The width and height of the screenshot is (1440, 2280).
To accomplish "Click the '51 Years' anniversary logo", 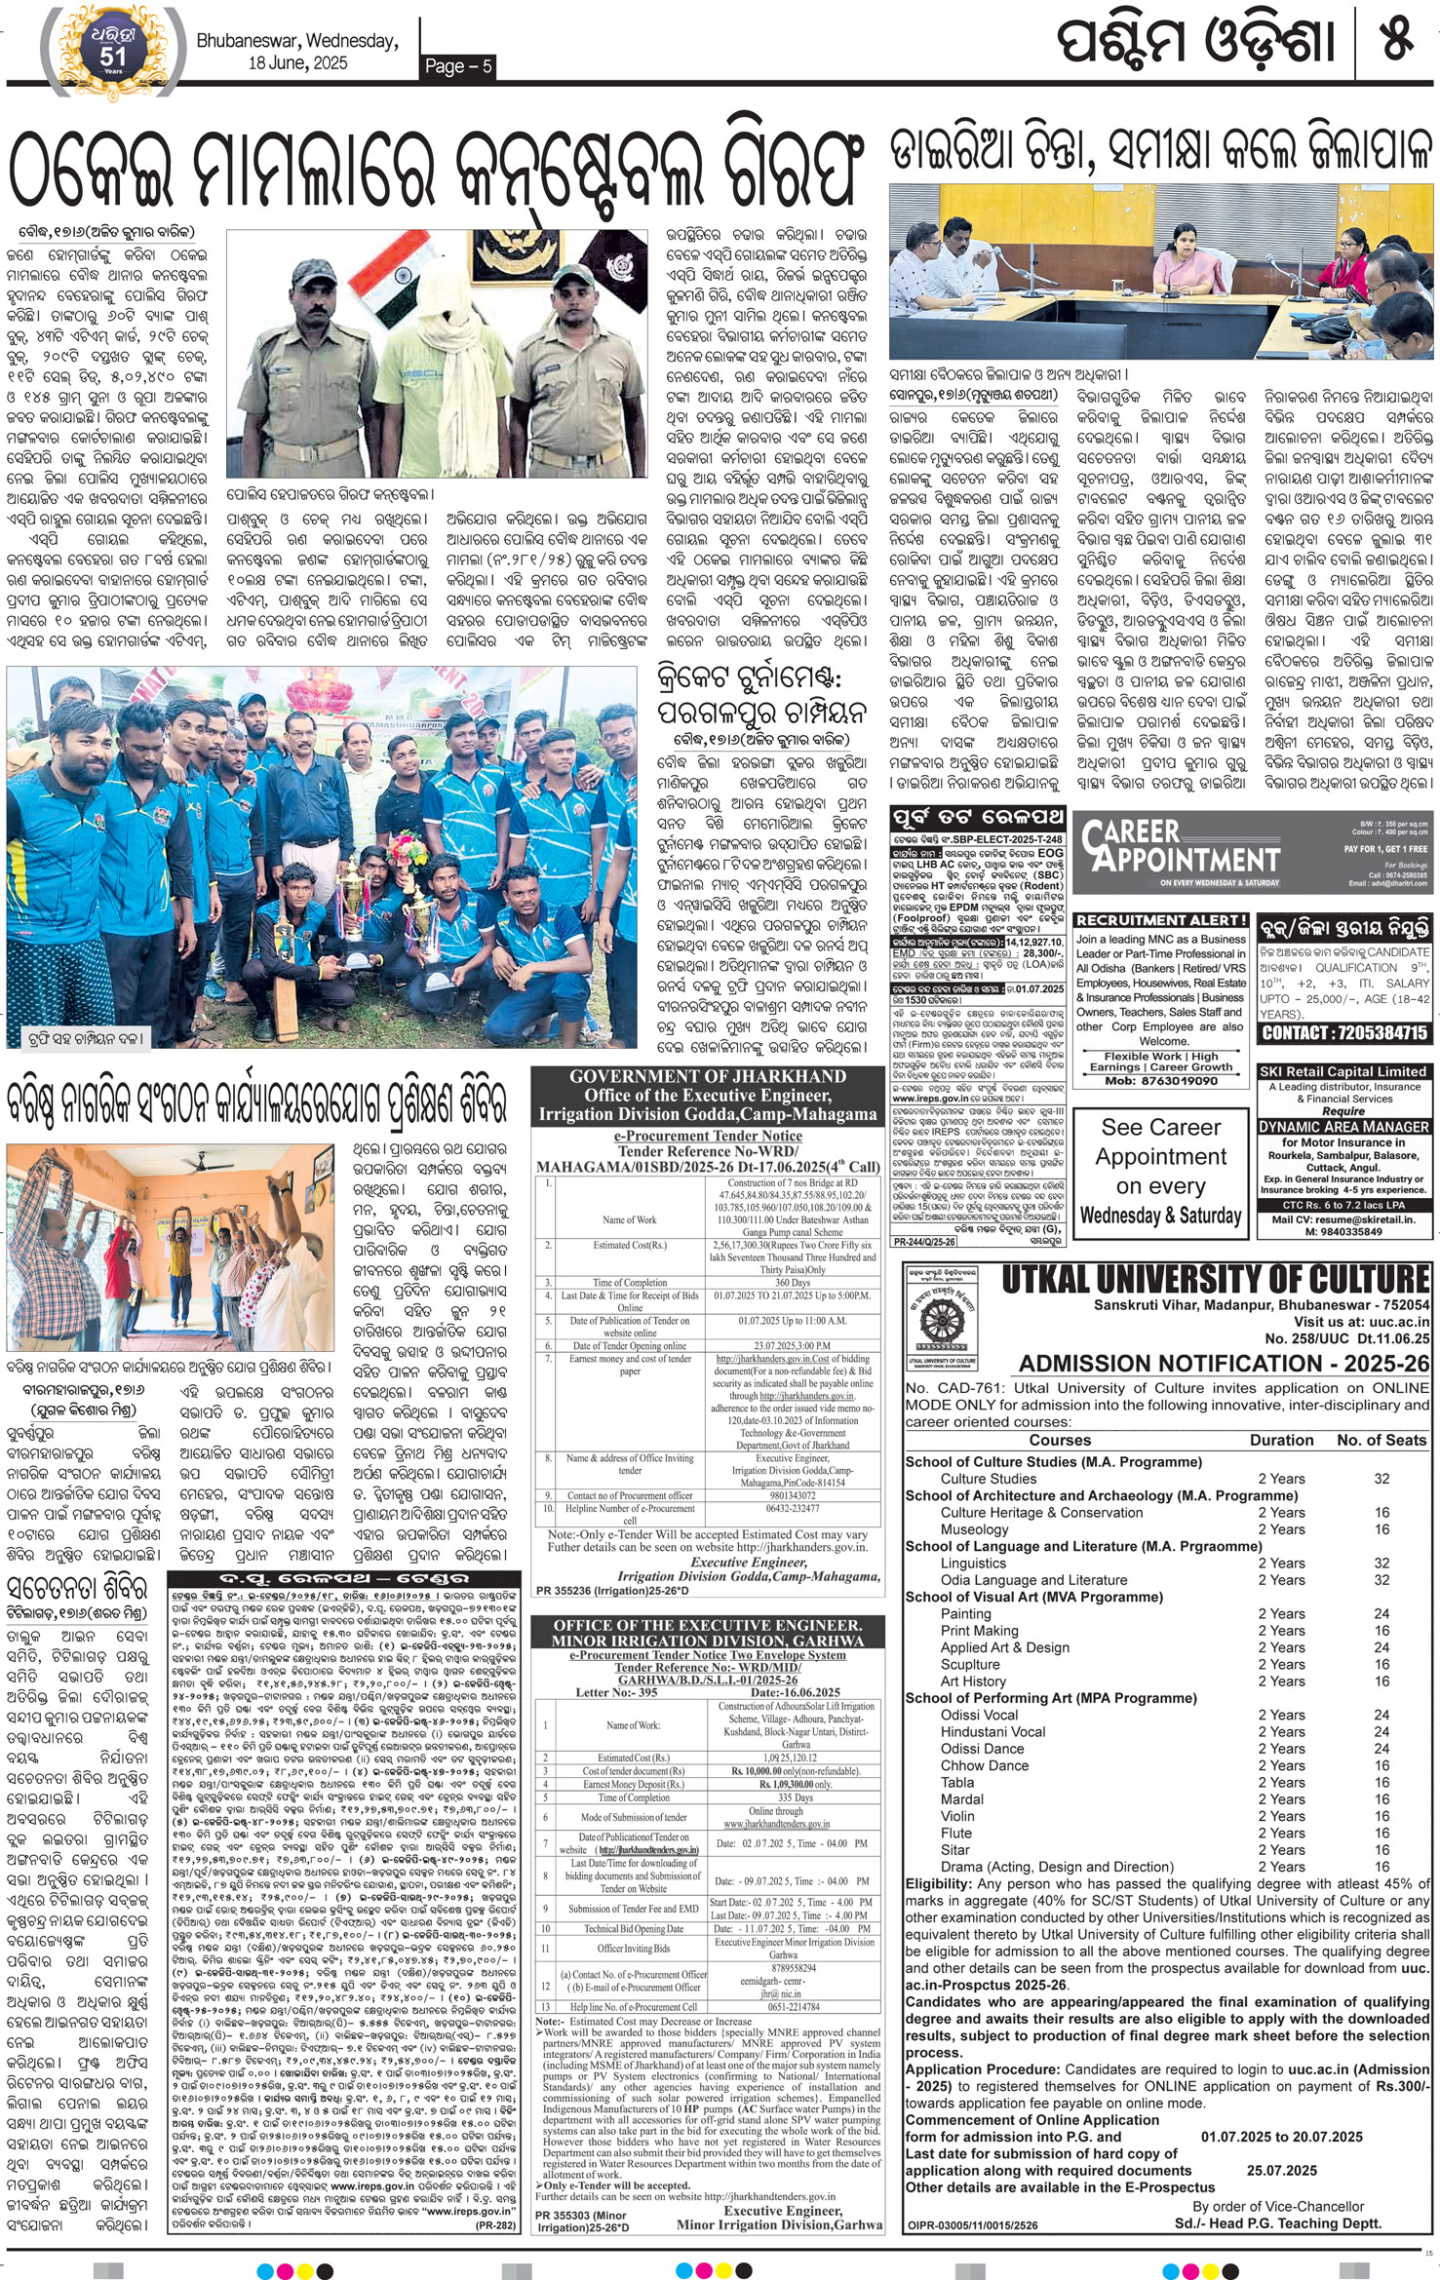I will pos(112,50).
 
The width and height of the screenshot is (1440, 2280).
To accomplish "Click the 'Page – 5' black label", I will pos(458,65).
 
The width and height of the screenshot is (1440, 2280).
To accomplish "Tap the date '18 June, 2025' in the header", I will pos(297,63).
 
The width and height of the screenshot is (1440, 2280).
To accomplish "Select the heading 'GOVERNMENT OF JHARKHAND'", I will pos(707,1076).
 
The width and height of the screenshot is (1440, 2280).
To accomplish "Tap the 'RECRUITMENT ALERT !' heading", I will pos(1161,919).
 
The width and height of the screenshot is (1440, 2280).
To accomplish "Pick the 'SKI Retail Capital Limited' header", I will pos(1343,1071).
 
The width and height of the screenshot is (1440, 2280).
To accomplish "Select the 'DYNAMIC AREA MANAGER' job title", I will pos(1343,1126).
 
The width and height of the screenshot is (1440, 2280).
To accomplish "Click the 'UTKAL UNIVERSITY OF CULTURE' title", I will pos(1215,1279).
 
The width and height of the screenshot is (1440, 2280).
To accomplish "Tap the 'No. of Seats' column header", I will pos(1381,1440).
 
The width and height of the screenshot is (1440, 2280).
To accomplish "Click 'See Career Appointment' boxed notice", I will pos(1160,1171).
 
